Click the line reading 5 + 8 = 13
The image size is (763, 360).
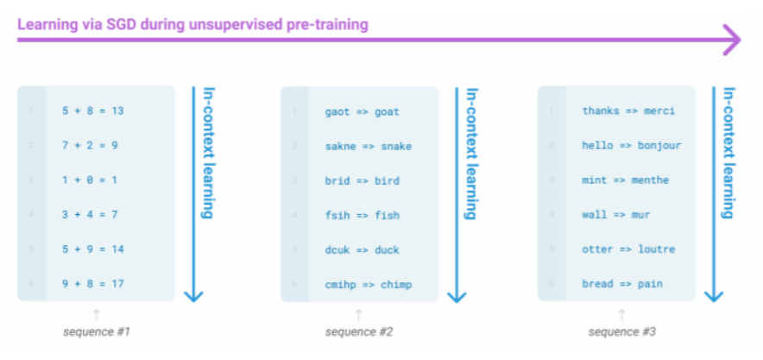tap(93, 111)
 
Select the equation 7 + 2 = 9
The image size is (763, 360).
tap(90, 145)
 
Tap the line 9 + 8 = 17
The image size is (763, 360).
tap(93, 284)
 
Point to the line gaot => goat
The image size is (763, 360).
tap(363, 111)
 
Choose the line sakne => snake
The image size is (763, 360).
tap(369, 146)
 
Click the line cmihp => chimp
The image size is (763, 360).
tap(369, 284)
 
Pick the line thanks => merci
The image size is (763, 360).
tap(628, 111)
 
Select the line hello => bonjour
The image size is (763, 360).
tap(632, 145)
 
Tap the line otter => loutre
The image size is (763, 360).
tap(628, 249)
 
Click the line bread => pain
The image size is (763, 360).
tap(622, 284)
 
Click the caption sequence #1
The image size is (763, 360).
tap(97, 332)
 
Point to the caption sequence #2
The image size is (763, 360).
tap(359, 332)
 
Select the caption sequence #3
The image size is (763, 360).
tap(622, 332)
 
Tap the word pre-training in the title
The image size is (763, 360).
tap(324, 23)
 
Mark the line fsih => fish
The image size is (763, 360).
tap(363, 215)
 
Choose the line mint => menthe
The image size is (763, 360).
tap(626, 180)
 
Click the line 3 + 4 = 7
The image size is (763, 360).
tap(90, 215)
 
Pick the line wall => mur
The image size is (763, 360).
tap(616, 215)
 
